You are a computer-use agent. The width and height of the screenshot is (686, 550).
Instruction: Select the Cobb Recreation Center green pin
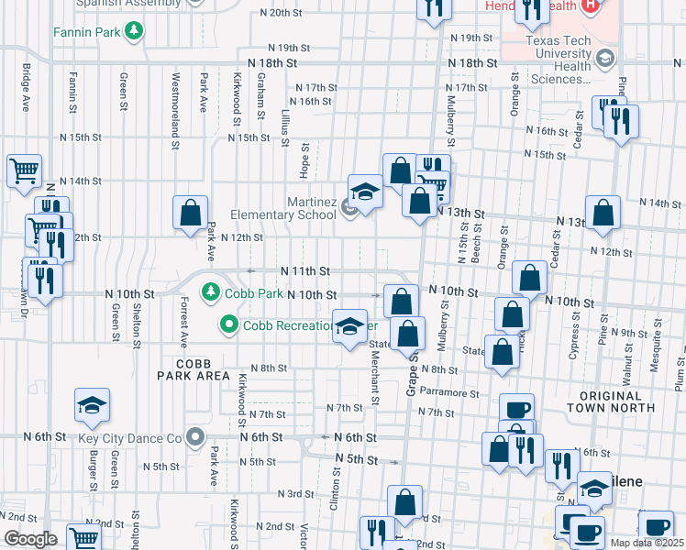click(x=228, y=325)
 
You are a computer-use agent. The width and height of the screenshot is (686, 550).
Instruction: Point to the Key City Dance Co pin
click(x=194, y=437)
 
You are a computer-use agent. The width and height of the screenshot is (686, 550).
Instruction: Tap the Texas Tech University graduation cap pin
click(x=603, y=60)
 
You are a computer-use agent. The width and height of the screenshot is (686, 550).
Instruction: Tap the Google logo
click(x=29, y=539)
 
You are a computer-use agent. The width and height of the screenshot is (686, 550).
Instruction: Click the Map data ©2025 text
click(x=646, y=543)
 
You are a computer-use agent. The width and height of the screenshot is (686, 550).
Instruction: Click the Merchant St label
click(x=376, y=380)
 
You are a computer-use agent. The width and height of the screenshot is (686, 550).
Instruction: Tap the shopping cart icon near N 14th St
click(x=24, y=170)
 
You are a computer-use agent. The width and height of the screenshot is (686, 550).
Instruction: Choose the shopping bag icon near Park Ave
click(x=189, y=213)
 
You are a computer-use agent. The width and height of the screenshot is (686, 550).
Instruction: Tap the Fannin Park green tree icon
click(x=136, y=32)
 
